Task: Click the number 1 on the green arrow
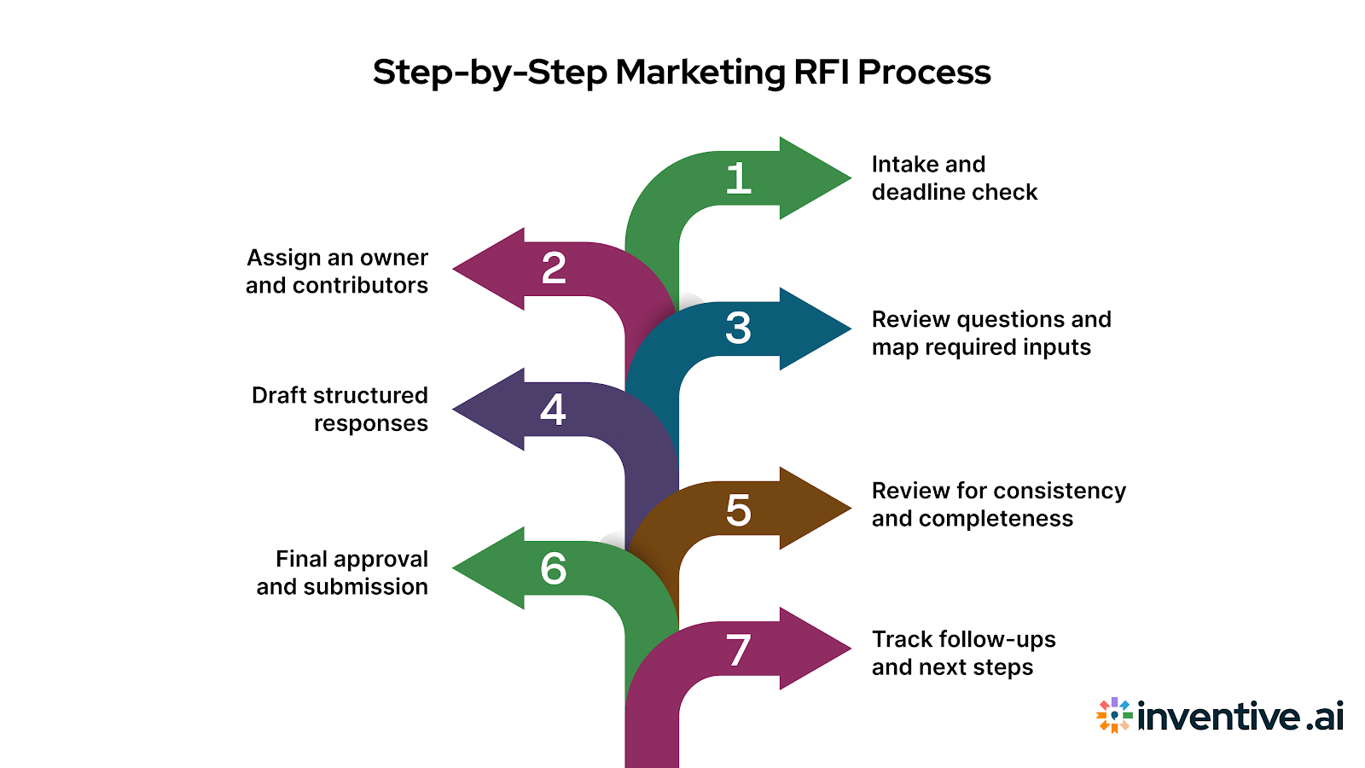(x=738, y=178)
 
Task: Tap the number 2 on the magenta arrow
(x=554, y=268)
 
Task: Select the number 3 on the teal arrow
(x=738, y=328)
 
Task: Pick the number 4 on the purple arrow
(x=553, y=410)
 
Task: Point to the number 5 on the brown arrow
(x=738, y=510)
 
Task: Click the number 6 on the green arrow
(x=553, y=568)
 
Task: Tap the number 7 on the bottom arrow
(x=738, y=650)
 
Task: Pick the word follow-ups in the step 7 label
(x=996, y=639)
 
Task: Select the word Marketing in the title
(x=700, y=72)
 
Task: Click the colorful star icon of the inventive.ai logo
(x=1114, y=715)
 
